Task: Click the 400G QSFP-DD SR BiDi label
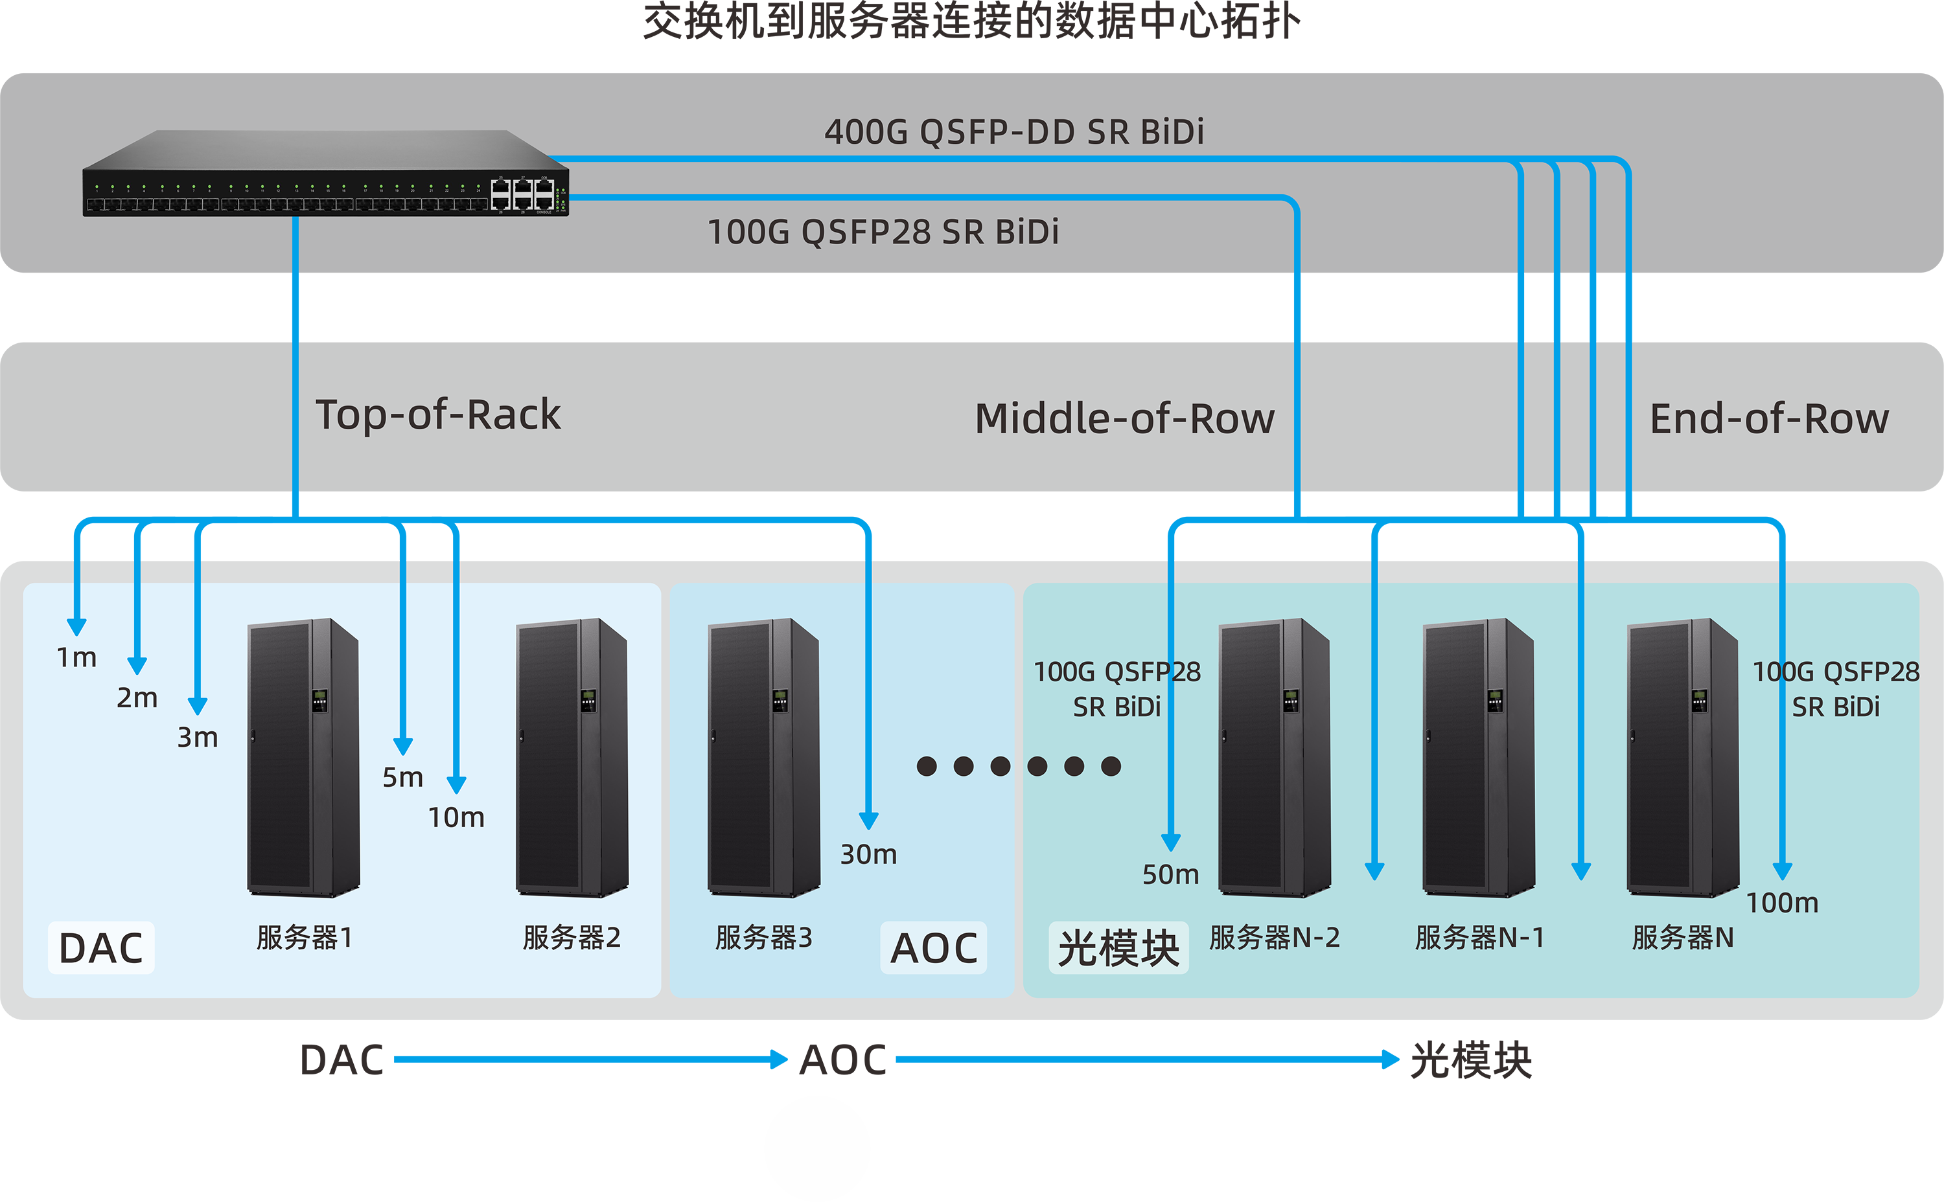[x=1013, y=132]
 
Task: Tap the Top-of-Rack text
[x=437, y=415]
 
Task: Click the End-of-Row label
[x=1768, y=419]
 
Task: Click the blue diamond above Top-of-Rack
[x=295, y=308]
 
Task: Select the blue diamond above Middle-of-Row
[x=1297, y=308]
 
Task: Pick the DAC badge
[x=101, y=947]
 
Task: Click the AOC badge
[x=933, y=947]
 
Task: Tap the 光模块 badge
[x=1118, y=947]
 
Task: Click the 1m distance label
[x=76, y=657]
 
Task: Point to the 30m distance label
[x=868, y=855]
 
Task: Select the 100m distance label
[x=1782, y=903]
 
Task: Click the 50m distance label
[x=1170, y=874]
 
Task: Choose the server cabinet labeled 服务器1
[x=303, y=757]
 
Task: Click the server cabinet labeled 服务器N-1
[x=1478, y=757]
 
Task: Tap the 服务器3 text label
[x=763, y=938]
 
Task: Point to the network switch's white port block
[x=522, y=193]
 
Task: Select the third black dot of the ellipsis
[x=1000, y=766]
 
